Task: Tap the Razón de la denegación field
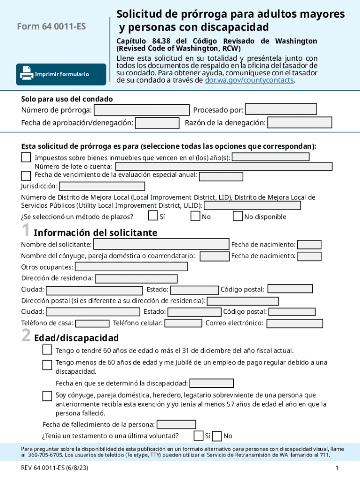tap(299, 123)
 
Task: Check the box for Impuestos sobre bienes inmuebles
tap(26, 157)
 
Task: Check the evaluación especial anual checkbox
tap(26, 176)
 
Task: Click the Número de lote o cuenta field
tap(223, 167)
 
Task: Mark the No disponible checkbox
tap(238, 216)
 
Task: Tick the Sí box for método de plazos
tap(153, 216)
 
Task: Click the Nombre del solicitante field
tap(161, 245)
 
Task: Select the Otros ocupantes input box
tap(131, 267)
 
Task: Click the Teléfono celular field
tap(183, 323)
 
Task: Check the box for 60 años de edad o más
tap(47, 350)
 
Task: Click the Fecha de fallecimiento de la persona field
tap(176, 425)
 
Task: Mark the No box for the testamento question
tap(217, 436)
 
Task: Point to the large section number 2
tap(26, 336)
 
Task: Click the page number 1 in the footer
tap(337, 468)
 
